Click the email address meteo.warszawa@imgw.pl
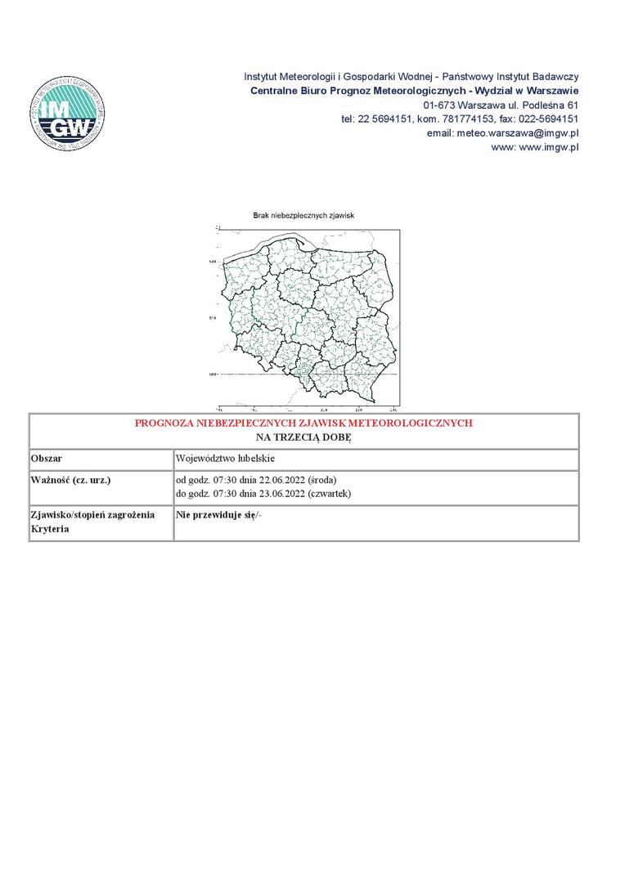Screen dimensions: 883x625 tap(518, 132)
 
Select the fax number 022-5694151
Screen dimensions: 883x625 tap(546, 119)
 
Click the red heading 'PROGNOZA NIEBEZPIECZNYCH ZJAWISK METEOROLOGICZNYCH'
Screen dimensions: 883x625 tap(304, 424)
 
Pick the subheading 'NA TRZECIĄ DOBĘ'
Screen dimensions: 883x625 tap(304, 437)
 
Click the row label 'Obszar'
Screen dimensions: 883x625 tap(47, 459)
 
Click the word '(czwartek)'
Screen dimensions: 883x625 tap(329, 493)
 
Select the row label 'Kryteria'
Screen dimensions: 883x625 tap(50, 529)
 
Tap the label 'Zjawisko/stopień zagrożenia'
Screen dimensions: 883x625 tap(92, 515)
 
